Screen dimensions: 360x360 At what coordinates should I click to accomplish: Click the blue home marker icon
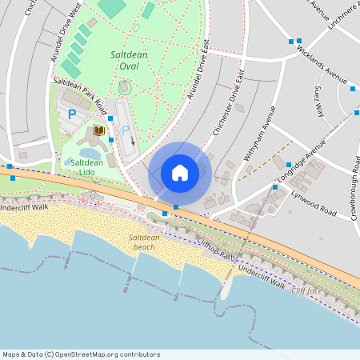tap(180, 173)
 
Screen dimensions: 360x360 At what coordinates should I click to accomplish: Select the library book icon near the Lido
tap(99, 130)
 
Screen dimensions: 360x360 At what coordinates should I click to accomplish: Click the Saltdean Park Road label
tap(80, 93)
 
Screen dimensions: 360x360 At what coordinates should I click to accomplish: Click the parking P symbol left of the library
tap(72, 114)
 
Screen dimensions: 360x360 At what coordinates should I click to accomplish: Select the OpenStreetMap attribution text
tap(81, 354)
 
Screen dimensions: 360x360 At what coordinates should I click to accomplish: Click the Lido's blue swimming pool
tap(86, 152)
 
